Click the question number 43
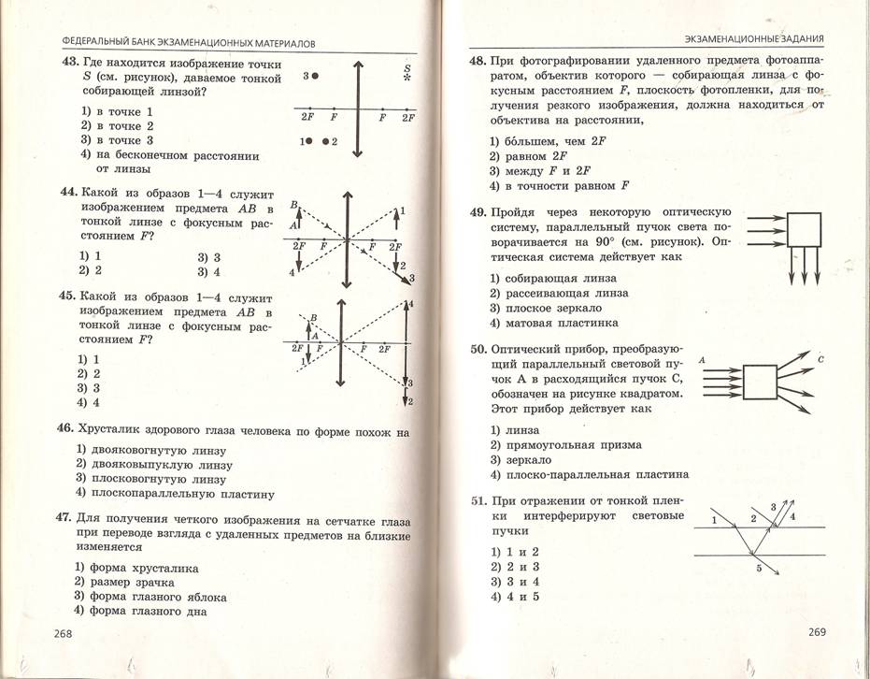69,64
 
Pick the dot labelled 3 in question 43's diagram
317,75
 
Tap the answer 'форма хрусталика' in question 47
143,567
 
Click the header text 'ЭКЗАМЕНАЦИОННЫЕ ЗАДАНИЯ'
753,38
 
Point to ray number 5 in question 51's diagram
758,568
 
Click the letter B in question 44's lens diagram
294,204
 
